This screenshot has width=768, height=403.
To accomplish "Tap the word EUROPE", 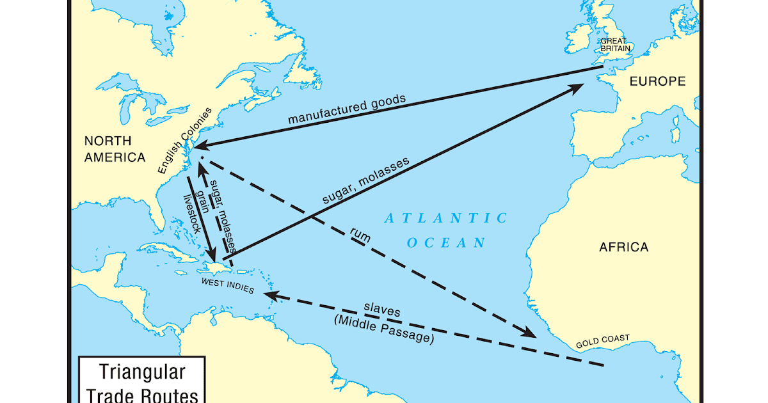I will coord(657,81).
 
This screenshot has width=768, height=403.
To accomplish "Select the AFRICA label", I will coord(623,247).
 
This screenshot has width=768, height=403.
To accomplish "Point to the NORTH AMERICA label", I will coord(115,149).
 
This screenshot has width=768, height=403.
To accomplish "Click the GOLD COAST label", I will coord(602,341).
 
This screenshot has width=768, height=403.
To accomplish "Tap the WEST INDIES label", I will coord(228,286).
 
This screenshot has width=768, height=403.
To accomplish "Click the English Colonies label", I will coord(181,143).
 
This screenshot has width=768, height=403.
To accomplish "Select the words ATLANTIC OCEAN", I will coord(446,230).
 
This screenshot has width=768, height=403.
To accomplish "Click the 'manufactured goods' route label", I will coord(346,109).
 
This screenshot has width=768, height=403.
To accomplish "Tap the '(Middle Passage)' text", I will coord(384,329).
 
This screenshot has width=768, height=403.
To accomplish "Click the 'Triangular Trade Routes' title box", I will coord(141,381).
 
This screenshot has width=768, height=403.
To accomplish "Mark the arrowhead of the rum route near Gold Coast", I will coord(529,333).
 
